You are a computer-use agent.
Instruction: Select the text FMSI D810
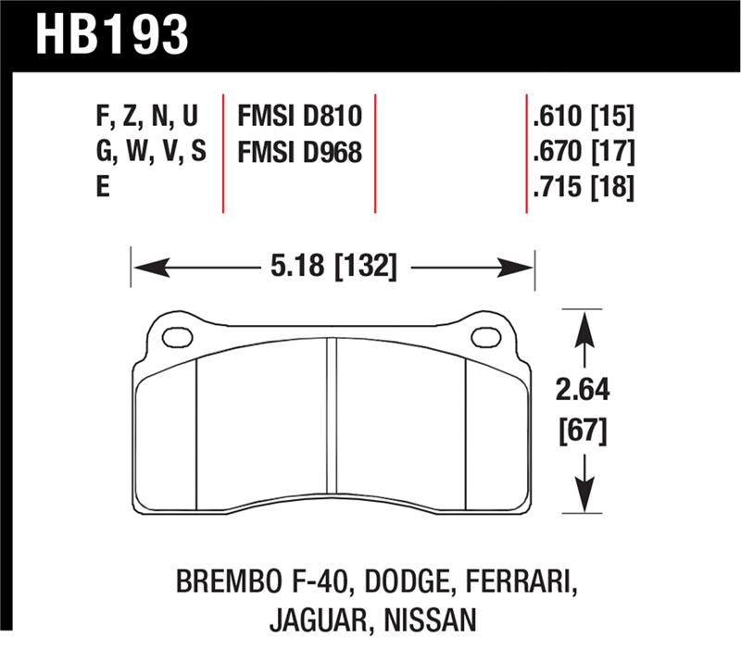click(x=299, y=118)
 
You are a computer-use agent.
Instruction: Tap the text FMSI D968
click(x=299, y=152)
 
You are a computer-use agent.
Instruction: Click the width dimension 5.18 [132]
click(x=333, y=269)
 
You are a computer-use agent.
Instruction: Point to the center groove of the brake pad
click(x=330, y=426)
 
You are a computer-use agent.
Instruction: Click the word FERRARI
click(x=515, y=583)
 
